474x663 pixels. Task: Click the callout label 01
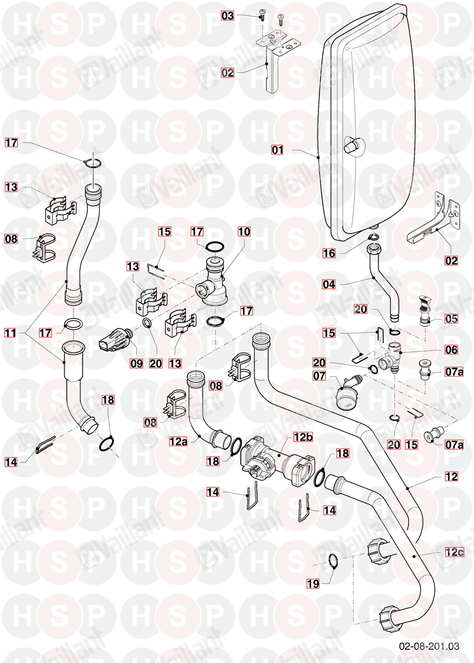(x=278, y=149)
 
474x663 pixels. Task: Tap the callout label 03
(x=227, y=16)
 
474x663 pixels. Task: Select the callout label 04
(x=329, y=284)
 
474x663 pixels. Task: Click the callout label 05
(x=451, y=318)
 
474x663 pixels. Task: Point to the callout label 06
(x=451, y=350)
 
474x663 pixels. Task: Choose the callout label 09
(x=136, y=363)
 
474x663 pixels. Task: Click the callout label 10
(x=244, y=232)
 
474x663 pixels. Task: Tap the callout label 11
(x=11, y=333)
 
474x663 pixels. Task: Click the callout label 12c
(x=454, y=552)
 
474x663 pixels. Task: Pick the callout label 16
(x=329, y=254)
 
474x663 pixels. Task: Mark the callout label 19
(x=313, y=584)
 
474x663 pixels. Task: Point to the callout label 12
(x=451, y=476)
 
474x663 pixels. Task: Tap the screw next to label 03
(x=262, y=16)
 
